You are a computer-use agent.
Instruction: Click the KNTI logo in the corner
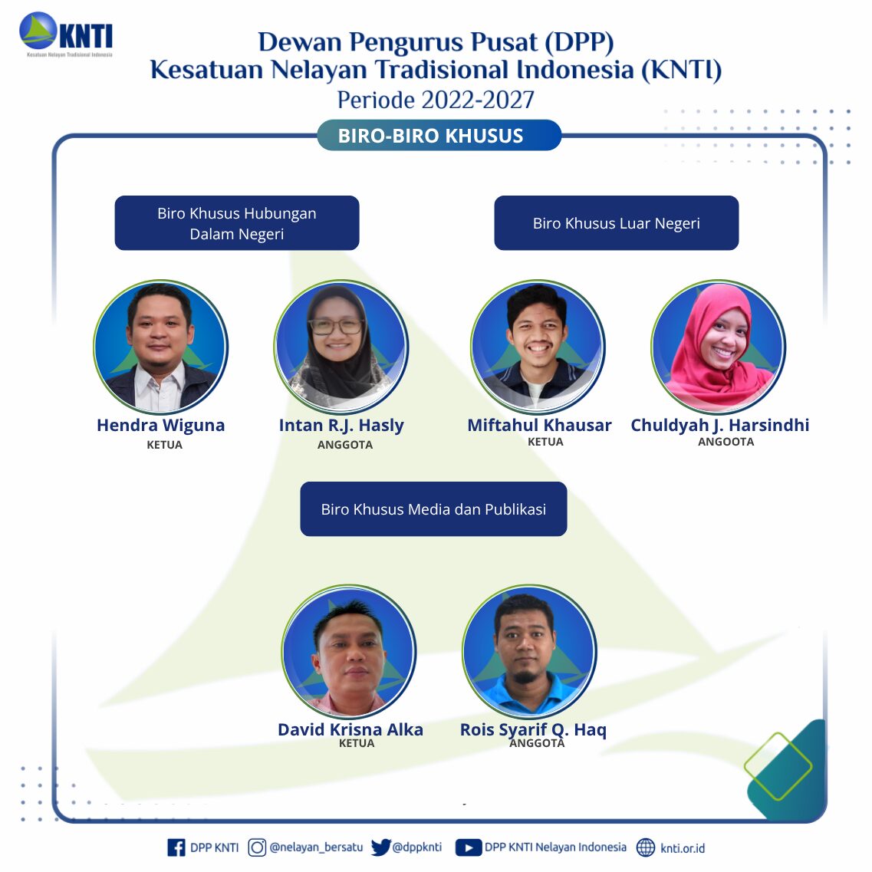pyautogui.click(x=66, y=34)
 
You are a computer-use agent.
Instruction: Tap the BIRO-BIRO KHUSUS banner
pyautogui.click(x=439, y=135)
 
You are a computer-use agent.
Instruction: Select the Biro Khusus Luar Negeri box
pyautogui.click(x=616, y=223)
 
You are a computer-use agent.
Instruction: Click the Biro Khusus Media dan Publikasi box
pyautogui.click(x=433, y=508)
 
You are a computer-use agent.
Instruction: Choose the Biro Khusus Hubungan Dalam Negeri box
pyautogui.click(x=237, y=223)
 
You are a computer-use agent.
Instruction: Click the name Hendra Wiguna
pyautogui.click(x=161, y=426)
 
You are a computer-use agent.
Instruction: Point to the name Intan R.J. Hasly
pyautogui.click(x=341, y=426)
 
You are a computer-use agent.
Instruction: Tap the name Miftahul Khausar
pyautogui.click(x=539, y=426)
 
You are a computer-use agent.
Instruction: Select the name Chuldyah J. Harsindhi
pyautogui.click(x=719, y=426)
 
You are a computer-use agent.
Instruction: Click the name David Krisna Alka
pyautogui.click(x=350, y=729)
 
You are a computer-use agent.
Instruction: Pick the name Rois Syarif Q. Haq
pyautogui.click(x=533, y=729)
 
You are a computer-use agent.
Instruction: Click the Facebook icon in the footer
pyautogui.click(x=176, y=847)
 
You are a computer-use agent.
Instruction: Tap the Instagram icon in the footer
pyautogui.click(x=257, y=847)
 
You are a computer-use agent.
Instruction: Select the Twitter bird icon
pyautogui.click(x=380, y=847)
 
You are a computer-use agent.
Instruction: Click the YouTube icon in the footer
pyautogui.click(x=469, y=847)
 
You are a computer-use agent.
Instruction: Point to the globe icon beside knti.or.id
pyautogui.click(x=646, y=847)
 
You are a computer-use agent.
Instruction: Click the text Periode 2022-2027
pyautogui.click(x=436, y=100)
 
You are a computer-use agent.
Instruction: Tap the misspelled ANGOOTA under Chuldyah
pyautogui.click(x=726, y=442)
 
